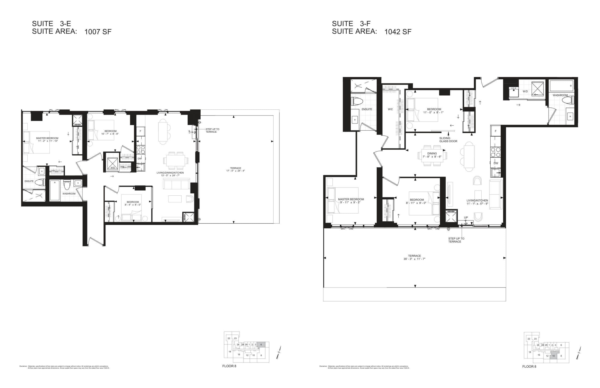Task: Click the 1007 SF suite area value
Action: coord(98,32)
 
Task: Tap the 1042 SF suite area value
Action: coord(398,32)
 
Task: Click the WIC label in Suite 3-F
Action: coord(390,109)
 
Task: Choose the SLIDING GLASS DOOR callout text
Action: coord(448,140)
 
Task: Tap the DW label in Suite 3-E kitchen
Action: coord(139,159)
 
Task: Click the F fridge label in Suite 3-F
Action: coord(495,131)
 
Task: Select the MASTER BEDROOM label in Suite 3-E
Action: coord(47,138)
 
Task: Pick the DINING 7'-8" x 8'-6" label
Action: coord(432,155)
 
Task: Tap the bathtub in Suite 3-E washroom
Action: coord(55,190)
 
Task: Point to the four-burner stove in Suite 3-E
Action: coord(141,150)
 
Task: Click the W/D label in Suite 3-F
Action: coord(525,91)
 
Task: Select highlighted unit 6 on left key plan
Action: coord(261,345)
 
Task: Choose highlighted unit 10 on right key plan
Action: coord(553,355)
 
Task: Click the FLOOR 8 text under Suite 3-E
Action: coord(229,366)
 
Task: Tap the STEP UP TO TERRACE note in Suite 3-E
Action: coord(212,131)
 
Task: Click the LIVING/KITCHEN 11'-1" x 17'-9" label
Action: coord(477,202)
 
